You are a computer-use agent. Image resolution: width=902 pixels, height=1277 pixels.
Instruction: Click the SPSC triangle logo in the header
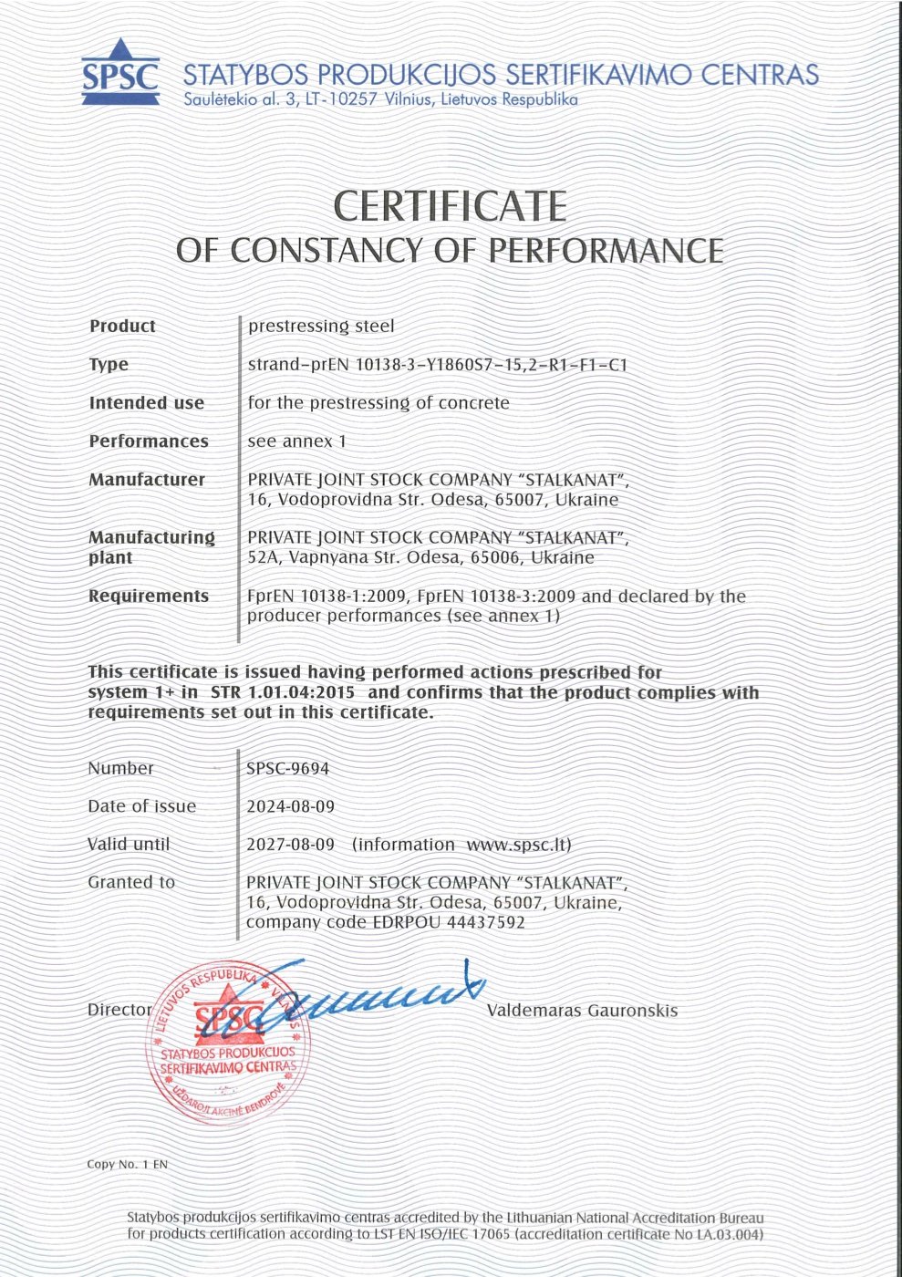pos(119,71)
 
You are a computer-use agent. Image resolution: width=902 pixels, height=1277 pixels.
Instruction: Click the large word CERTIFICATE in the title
pos(451,206)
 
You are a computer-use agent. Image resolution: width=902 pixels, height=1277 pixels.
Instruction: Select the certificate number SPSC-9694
pos(288,768)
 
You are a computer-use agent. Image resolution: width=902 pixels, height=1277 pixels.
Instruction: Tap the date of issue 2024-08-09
pos(291,806)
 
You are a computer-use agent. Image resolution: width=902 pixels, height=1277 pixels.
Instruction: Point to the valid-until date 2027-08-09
pos(291,845)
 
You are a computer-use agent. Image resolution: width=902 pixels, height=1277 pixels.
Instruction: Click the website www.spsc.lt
pos(516,845)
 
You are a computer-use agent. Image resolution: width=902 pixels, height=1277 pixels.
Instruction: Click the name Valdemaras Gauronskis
pos(582,1010)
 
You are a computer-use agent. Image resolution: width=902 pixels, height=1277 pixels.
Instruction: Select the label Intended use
pos(147,402)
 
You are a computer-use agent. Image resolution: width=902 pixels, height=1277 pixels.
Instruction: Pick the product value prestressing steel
pos(321,326)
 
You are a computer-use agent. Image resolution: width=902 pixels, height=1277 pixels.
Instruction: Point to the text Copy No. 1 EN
pos(128,1164)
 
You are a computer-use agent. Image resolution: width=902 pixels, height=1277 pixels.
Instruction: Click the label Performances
pos(149,441)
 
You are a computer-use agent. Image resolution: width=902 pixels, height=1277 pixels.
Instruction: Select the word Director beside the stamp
pos(119,1010)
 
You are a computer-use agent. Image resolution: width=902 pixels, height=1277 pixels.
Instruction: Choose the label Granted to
pos(131,882)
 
